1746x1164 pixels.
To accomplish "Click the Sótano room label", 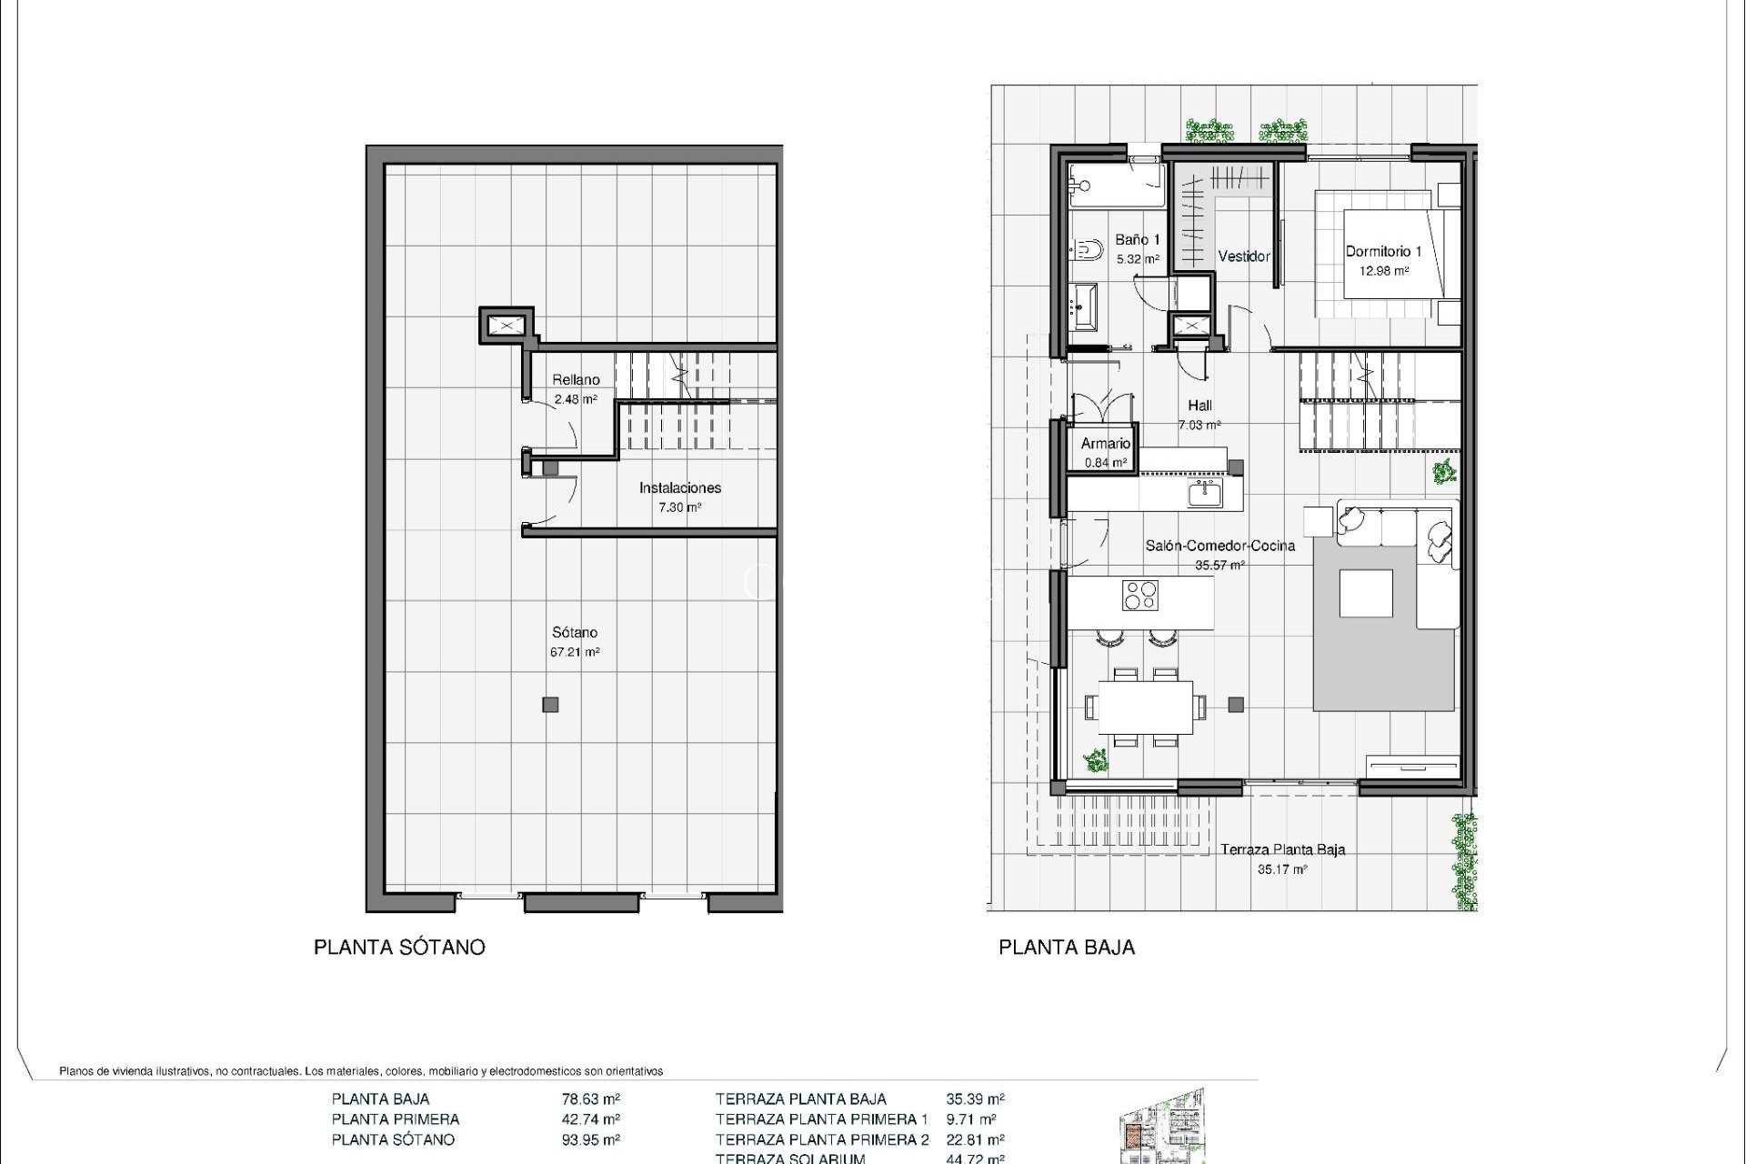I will (x=575, y=633).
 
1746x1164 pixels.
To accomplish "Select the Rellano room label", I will (x=576, y=380).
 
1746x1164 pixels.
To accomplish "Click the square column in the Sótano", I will (x=550, y=704).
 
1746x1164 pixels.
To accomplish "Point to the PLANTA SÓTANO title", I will (x=399, y=948).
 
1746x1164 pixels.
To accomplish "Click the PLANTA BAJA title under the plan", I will (x=1067, y=948).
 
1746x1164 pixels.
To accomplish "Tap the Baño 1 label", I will (x=1138, y=241).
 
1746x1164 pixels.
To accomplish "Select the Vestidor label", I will (x=1243, y=256).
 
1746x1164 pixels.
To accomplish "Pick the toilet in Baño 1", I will (x=1085, y=246).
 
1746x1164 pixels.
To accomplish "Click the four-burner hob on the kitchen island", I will (x=1140, y=595).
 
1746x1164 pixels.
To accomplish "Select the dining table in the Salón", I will (x=1145, y=707).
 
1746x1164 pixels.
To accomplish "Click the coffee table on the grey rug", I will (x=1366, y=594).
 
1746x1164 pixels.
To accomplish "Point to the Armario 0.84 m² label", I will (x=1105, y=452).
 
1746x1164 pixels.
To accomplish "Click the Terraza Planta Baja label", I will (x=1282, y=850).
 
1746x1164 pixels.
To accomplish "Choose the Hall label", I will (x=1199, y=406).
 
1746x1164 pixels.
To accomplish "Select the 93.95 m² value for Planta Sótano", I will (x=591, y=1139).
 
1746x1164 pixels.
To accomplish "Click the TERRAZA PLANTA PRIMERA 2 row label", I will (x=822, y=1139).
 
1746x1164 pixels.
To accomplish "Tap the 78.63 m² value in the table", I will (x=591, y=1099).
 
